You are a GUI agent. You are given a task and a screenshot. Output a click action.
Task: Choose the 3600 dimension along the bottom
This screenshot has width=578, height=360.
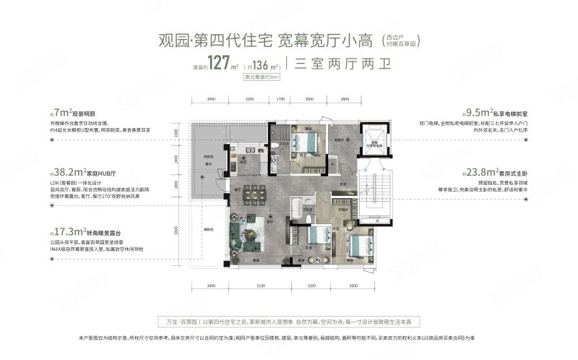coord(353,285)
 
